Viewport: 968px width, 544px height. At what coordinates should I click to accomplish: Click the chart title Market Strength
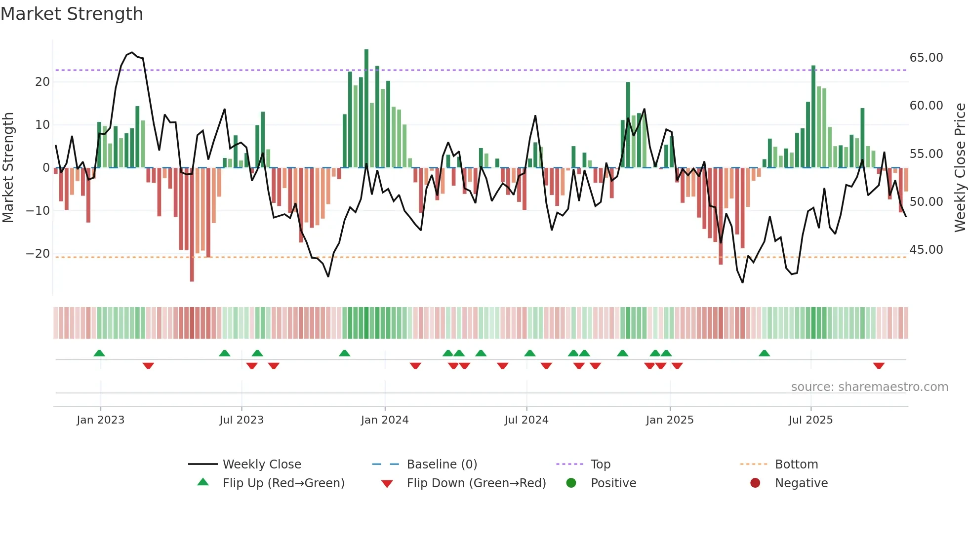(72, 14)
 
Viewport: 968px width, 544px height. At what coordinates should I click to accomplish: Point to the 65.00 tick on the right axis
(926, 58)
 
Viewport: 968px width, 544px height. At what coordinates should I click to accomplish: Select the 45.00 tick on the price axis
(926, 250)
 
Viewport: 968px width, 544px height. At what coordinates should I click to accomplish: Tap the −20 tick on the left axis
(38, 254)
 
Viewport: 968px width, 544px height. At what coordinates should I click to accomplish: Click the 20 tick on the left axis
(42, 82)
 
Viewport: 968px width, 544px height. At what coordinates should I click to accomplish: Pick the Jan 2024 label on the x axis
(384, 420)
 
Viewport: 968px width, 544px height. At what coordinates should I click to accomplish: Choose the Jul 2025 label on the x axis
(810, 420)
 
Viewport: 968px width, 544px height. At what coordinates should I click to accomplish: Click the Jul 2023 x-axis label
(241, 420)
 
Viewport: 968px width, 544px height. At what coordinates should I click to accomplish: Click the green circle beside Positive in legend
(571, 483)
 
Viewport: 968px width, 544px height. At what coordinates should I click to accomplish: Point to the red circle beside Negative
(755, 483)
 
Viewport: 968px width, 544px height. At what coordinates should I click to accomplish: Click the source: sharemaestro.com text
(869, 387)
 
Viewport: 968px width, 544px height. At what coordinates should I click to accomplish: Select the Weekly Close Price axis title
(960, 168)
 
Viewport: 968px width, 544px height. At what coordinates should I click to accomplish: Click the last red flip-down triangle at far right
(878, 366)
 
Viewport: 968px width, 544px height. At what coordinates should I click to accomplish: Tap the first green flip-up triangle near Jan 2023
(99, 353)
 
